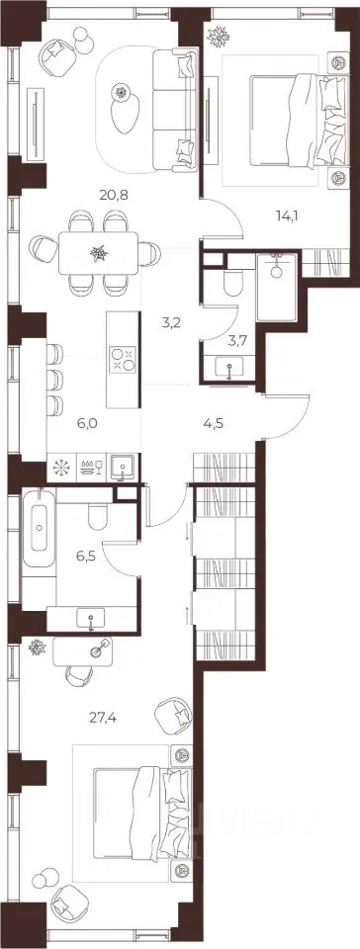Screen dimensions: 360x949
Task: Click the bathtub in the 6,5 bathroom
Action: (40, 527)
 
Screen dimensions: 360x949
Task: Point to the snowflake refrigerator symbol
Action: (61, 468)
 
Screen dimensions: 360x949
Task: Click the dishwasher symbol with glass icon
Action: (92, 468)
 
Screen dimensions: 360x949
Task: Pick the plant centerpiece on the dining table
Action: (98, 254)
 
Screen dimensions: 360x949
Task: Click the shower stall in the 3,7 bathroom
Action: (277, 287)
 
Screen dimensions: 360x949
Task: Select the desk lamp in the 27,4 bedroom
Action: (98, 648)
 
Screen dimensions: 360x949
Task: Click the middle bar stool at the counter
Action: (54, 380)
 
